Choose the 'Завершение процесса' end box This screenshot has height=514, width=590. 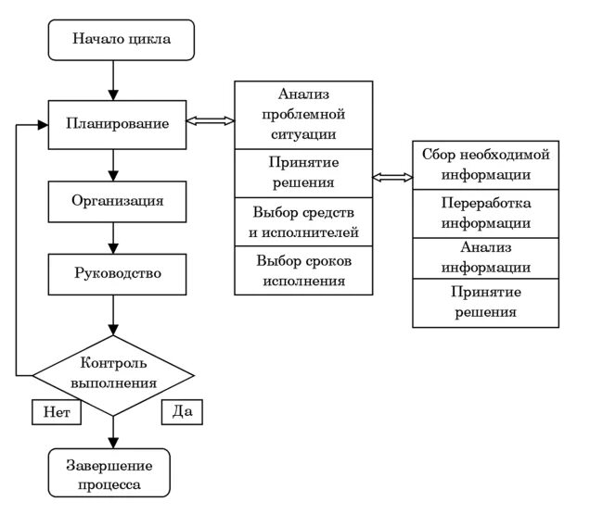[x=114, y=473]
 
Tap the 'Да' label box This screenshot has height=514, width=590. [x=181, y=410]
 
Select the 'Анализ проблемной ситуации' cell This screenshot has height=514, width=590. [x=303, y=114]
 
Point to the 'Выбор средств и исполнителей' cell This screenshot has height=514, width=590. [x=303, y=221]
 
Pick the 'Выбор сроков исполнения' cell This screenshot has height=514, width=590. [x=303, y=270]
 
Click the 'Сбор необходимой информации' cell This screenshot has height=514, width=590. [x=485, y=164]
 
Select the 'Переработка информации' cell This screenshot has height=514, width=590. [x=485, y=213]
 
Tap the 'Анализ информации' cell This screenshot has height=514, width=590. [x=485, y=258]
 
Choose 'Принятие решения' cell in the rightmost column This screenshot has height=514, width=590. [x=485, y=304]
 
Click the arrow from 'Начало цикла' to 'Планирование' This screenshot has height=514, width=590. [x=113, y=82]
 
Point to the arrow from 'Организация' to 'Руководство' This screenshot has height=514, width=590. [x=113, y=237]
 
